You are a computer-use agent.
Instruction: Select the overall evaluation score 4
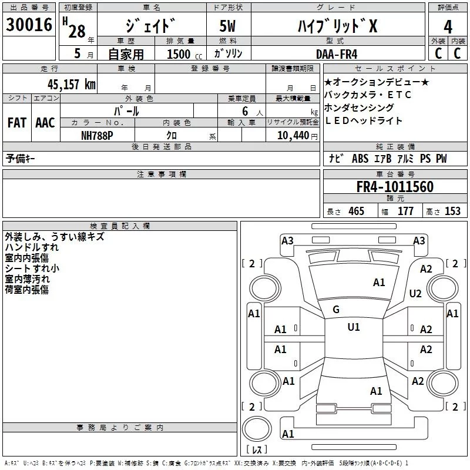pyautogui.click(x=448, y=27)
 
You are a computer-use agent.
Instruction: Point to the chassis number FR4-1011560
pyautogui.click(x=395, y=187)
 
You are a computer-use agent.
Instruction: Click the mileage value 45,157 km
pyautogui.click(x=71, y=84)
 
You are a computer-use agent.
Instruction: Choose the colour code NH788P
pyautogui.click(x=98, y=135)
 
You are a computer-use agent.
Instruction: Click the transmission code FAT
pyautogui.click(x=16, y=123)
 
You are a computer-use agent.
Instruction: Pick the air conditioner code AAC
pyautogui.click(x=45, y=123)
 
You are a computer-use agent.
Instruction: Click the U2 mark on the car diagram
pyautogui.click(x=416, y=294)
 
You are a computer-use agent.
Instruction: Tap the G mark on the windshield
pyautogui.click(x=336, y=310)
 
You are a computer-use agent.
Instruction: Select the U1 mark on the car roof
pyautogui.click(x=353, y=327)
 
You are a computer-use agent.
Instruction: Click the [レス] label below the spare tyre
pyautogui.click(x=256, y=450)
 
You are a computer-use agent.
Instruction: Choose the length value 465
pyautogui.click(x=356, y=211)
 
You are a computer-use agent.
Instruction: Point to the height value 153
pyautogui.click(x=452, y=211)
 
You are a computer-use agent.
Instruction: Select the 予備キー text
pyautogui.click(x=21, y=159)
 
